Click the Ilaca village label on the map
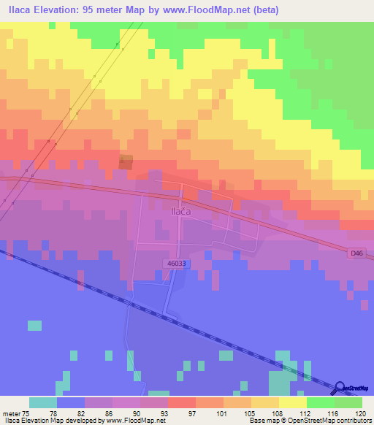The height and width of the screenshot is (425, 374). [x=180, y=212]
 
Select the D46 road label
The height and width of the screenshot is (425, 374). [x=356, y=253]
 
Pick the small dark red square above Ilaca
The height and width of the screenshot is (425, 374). [x=126, y=162]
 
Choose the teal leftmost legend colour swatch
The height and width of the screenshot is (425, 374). [x=43, y=402]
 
